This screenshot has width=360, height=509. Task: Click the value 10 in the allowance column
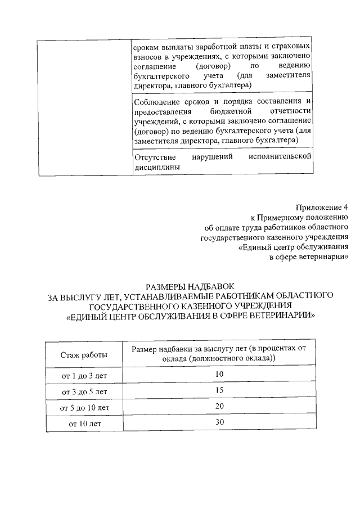click(219, 375)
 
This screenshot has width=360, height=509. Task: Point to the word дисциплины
click(157, 167)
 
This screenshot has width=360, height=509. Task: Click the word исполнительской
click(280, 157)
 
